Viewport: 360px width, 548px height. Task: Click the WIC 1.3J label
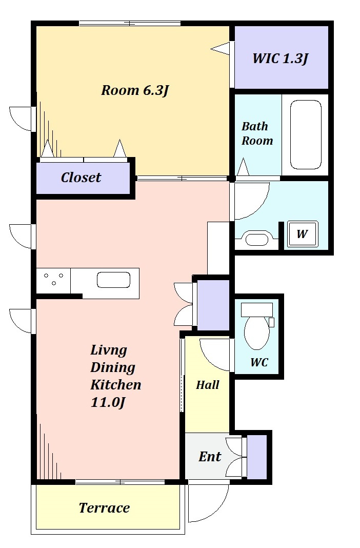(x=281, y=58)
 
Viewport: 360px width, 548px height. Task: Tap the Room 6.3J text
(x=135, y=90)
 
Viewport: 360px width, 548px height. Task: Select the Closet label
(x=81, y=178)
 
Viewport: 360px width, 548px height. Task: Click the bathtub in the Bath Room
(x=306, y=135)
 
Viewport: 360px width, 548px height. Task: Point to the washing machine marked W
(x=303, y=233)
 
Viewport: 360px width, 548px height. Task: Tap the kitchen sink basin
(x=113, y=280)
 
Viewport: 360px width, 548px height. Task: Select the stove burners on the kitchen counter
(x=53, y=279)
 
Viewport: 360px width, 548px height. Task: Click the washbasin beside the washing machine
(x=256, y=239)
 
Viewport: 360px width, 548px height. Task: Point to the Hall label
(x=207, y=385)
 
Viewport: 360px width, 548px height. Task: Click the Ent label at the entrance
(x=210, y=457)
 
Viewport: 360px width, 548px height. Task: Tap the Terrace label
(x=104, y=508)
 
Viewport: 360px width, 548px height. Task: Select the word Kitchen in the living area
(x=116, y=385)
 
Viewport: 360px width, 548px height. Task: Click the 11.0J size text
(x=108, y=402)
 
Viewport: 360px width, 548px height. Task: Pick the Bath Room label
(x=257, y=133)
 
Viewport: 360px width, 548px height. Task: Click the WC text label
(x=259, y=362)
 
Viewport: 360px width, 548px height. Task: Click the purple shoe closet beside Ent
(x=256, y=457)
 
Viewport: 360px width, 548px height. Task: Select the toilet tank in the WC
(x=256, y=310)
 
